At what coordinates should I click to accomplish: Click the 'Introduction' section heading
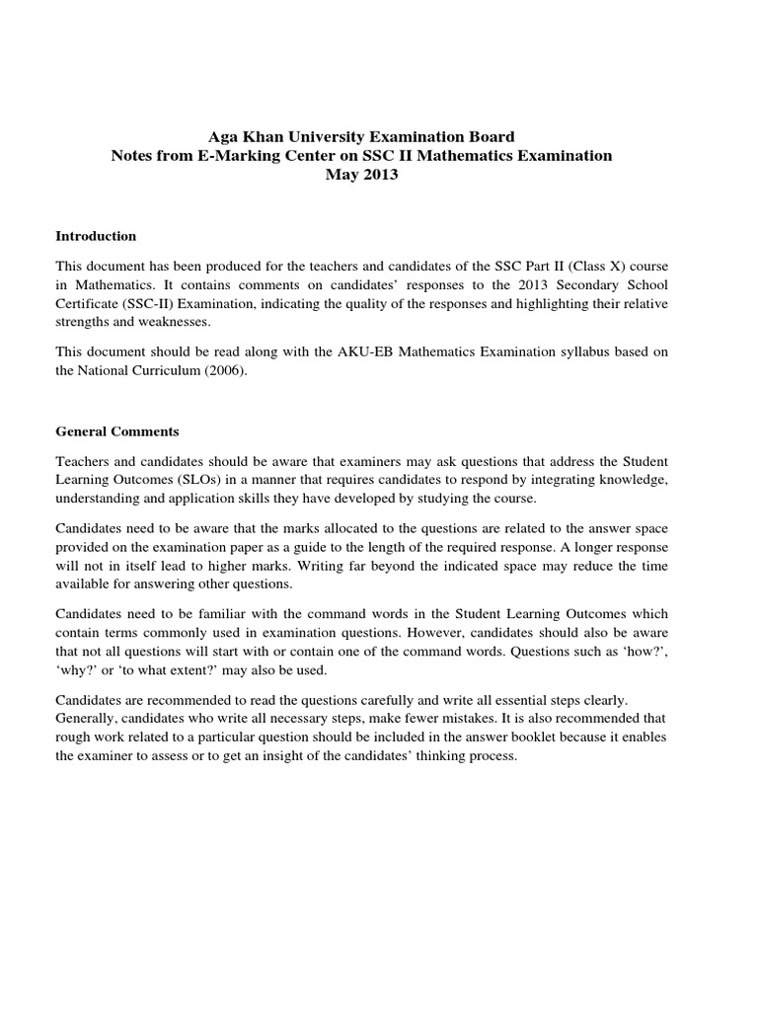pyautogui.click(x=96, y=237)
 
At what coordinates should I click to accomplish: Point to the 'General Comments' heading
pyautogui.click(x=117, y=431)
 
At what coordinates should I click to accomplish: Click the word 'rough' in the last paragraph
pyautogui.click(x=73, y=739)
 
